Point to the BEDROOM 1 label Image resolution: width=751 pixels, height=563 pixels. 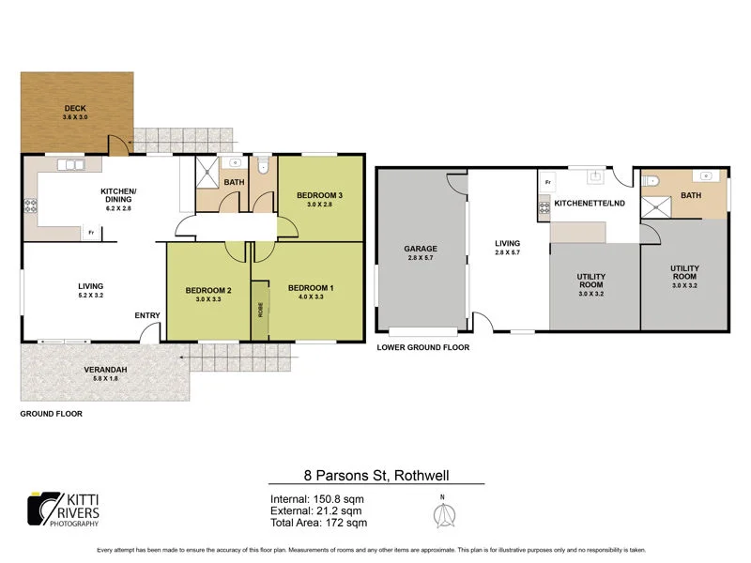pyautogui.click(x=311, y=287)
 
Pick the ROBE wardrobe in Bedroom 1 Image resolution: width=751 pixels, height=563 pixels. pyautogui.click(x=260, y=311)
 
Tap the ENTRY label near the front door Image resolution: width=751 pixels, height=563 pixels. pyautogui.click(x=147, y=314)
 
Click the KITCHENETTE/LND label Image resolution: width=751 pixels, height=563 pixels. pyautogui.click(x=588, y=203)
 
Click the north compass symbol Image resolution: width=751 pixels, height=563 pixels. pyautogui.click(x=443, y=514)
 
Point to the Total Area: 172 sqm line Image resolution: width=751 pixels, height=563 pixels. pyautogui.click(x=318, y=523)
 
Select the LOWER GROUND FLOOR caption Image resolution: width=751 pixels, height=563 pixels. pyautogui.click(x=422, y=347)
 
